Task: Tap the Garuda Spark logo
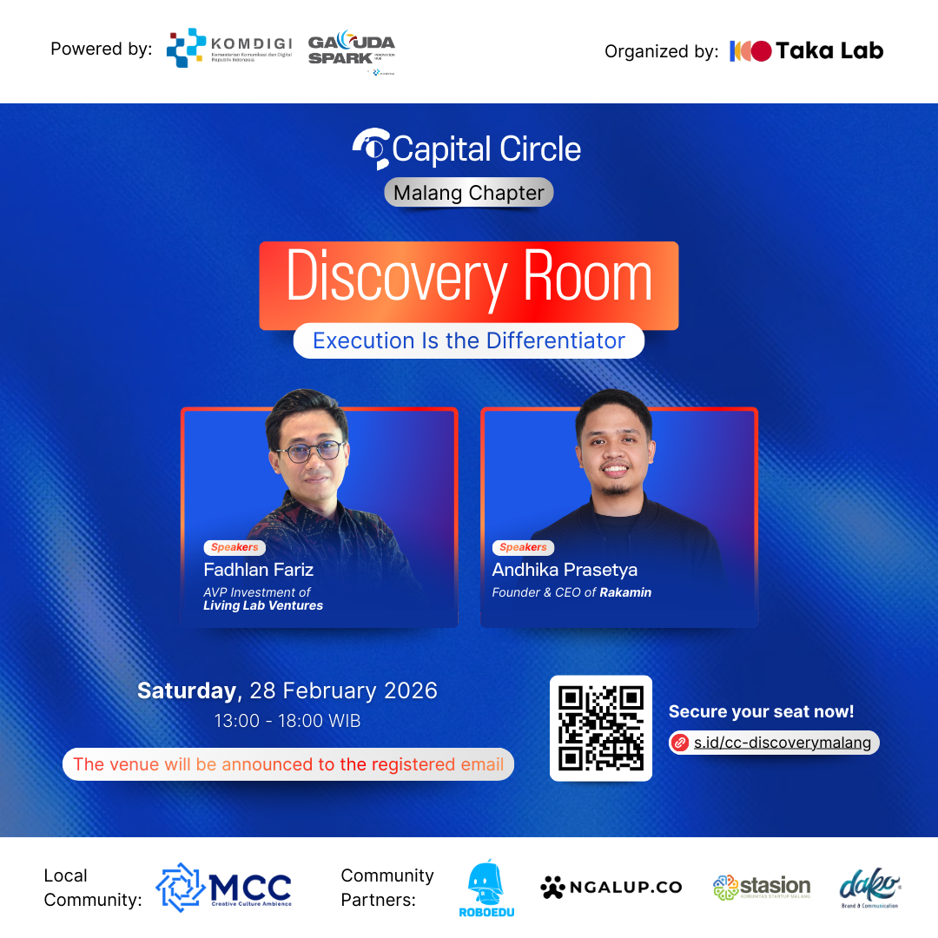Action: tap(351, 50)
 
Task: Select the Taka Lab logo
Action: tap(806, 51)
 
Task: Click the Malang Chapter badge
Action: tap(469, 193)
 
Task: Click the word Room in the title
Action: tap(587, 278)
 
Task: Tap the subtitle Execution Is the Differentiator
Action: tap(469, 340)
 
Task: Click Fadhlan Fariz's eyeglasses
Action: tap(309, 451)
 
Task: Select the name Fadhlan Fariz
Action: tap(259, 570)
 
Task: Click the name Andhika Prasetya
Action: tap(565, 570)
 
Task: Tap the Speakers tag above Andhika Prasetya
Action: tap(523, 547)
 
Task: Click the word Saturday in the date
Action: tap(187, 691)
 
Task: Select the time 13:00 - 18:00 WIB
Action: tap(287, 721)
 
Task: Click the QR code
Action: tap(601, 728)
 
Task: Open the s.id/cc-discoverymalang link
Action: tap(782, 743)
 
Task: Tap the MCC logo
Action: tap(223, 888)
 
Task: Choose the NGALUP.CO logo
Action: tap(611, 887)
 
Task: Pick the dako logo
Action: tap(869, 887)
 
